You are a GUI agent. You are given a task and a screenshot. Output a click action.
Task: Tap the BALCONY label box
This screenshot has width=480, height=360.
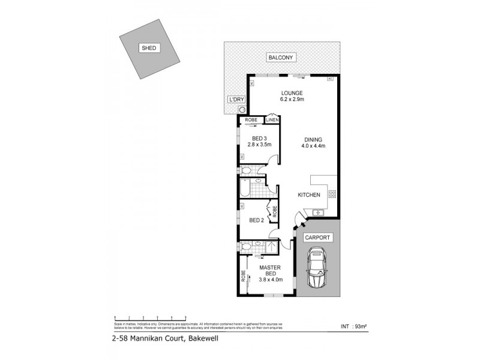point(281,57)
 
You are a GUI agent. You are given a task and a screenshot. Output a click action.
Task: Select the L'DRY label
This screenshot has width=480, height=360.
point(235,100)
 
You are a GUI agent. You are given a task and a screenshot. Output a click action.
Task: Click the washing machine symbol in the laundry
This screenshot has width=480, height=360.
point(241,110)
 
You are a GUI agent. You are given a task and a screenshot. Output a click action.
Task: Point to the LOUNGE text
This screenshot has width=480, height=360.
point(292,93)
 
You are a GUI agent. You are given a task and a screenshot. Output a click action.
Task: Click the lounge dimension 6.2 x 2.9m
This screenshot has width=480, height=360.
point(292,100)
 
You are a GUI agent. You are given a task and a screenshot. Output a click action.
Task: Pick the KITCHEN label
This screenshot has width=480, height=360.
point(309,195)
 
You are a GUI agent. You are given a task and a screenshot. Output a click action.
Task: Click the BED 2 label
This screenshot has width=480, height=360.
point(257,220)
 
